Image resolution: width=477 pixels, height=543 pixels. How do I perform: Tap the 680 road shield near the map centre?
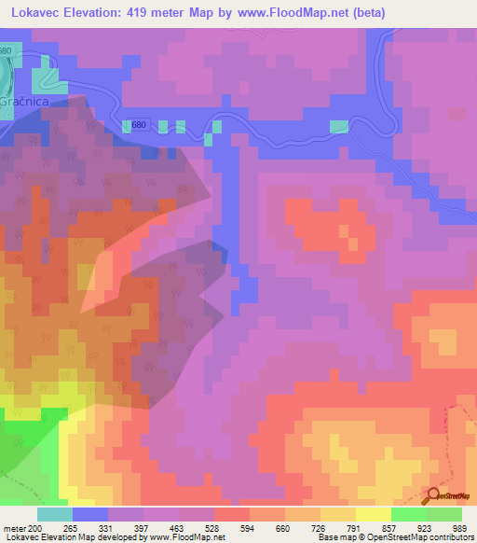pos(139,126)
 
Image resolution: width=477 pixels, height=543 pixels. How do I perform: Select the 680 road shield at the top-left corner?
pos(7,50)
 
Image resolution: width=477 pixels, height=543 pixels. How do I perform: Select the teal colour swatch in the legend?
pos(55,515)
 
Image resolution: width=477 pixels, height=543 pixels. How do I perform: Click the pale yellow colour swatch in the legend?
pos(374,515)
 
